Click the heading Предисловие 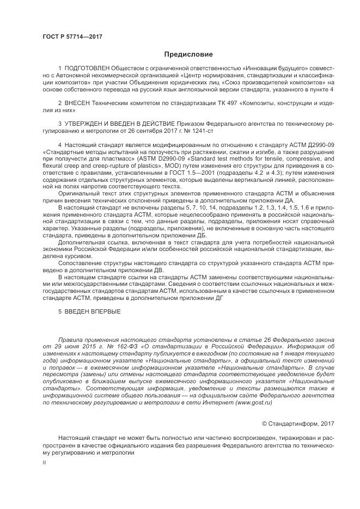tap(188, 54)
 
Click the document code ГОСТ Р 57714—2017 tap(72, 36)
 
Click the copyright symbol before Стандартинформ tap(265, 423)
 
